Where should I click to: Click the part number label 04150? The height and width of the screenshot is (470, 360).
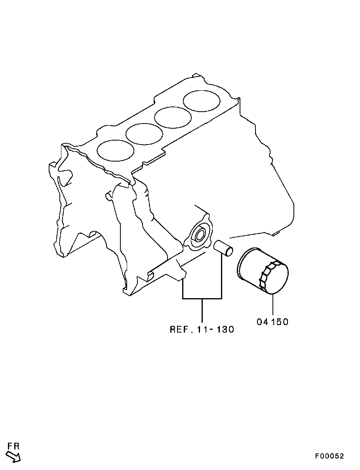(272, 322)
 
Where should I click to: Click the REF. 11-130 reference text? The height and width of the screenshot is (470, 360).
(202, 329)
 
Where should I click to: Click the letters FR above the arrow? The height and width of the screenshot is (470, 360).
(13, 446)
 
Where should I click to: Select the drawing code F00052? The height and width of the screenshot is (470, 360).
(330, 456)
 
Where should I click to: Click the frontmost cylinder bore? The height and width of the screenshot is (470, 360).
(115, 150)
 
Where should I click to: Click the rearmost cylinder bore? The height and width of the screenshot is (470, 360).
(202, 101)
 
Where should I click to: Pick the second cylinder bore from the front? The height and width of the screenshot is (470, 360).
(144, 133)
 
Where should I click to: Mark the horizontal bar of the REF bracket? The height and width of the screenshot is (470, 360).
(202, 298)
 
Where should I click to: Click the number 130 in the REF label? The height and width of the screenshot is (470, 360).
(225, 329)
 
